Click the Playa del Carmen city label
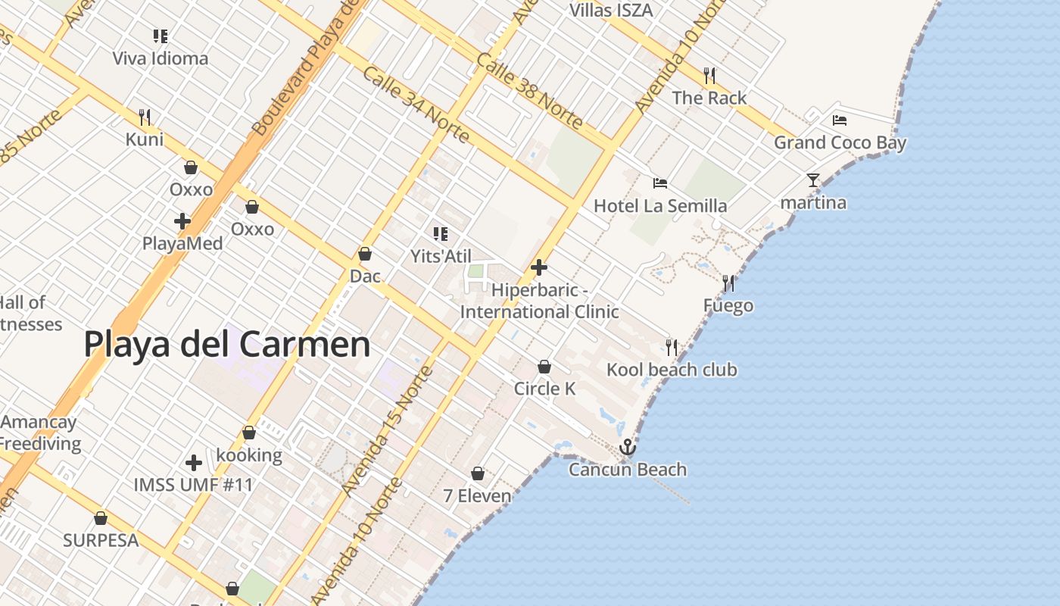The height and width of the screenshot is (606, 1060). click(x=227, y=345)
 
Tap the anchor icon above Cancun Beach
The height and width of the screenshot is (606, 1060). click(x=627, y=447)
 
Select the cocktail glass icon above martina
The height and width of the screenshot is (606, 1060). click(x=813, y=180)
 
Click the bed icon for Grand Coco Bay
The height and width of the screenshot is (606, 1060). click(x=839, y=120)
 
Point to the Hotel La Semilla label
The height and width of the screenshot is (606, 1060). click(x=659, y=205)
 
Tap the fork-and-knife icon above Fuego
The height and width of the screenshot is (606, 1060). click(x=728, y=283)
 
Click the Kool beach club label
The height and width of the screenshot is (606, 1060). click(x=672, y=370)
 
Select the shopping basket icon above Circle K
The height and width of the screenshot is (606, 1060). click(x=544, y=367)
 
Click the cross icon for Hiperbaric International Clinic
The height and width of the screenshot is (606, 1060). click(x=539, y=267)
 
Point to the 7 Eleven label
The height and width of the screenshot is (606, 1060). click(x=477, y=496)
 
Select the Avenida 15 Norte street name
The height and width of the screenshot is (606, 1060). click(x=388, y=430)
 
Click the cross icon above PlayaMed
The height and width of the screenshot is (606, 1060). click(x=182, y=221)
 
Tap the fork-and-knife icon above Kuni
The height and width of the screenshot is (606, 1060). click(x=145, y=117)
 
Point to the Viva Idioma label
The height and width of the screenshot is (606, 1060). click(x=160, y=58)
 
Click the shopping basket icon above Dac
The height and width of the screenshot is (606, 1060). click(x=365, y=254)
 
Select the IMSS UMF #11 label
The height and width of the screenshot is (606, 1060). click(x=193, y=484)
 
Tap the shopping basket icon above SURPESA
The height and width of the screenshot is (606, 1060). click(x=101, y=519)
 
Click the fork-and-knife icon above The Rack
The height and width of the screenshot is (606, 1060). click(x=709, y=76)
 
